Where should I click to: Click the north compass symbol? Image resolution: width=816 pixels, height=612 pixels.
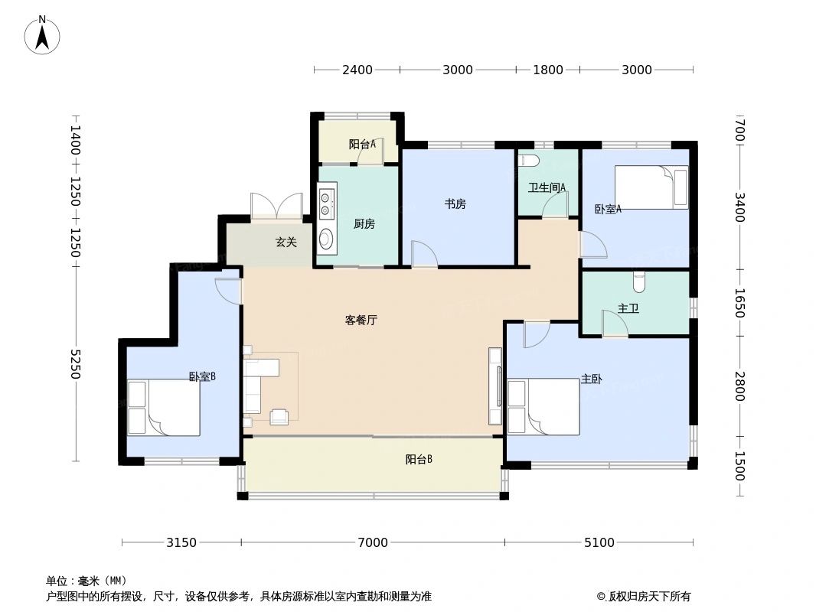tap(43, 34)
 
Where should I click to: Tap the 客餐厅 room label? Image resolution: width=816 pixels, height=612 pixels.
tap(361, 321)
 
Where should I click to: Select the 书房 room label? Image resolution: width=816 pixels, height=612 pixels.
tap(455, 203)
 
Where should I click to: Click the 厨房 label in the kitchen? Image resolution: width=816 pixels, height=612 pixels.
tap(364, 224)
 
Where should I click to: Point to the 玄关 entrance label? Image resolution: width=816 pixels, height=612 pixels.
tap(286, 242)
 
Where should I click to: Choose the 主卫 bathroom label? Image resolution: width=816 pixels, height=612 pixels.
tap(628, 308)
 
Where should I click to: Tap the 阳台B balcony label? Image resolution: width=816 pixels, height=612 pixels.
tap(419, 460)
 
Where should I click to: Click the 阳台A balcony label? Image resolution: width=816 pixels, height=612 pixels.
tap(362, 144)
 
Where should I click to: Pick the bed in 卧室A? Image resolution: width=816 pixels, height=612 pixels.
tap(651, 187)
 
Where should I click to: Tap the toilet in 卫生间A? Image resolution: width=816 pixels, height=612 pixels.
tap(529, 161)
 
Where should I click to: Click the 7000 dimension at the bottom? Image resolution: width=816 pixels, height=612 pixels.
tap(372, 542)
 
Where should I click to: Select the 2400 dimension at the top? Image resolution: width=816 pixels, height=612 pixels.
tap(357, 70)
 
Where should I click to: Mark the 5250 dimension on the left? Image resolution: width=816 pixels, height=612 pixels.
tap(75, 364)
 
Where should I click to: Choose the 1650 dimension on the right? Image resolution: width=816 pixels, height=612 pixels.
tap(739, 303)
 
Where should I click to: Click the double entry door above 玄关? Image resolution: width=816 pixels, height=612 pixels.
tap(276, 207)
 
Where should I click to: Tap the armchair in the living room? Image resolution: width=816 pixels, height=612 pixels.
tap(279, 415)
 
